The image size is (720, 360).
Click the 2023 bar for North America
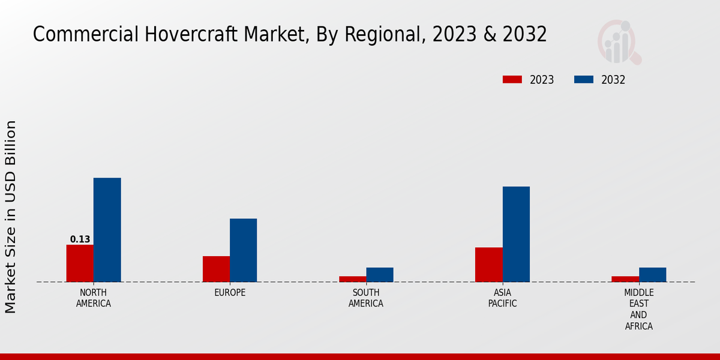(x=80, y=263)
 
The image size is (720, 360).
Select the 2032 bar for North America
(x=107, y=230)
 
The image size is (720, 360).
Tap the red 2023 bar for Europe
(x=216, y=269)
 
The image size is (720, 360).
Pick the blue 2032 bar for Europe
(x=243, y=250)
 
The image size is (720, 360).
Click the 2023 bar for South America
(x=352, y=279)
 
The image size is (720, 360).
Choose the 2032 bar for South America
(x=380, y=275)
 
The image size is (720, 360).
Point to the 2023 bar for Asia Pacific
(x=488, y=265)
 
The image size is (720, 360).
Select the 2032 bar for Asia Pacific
(x=516, y=234)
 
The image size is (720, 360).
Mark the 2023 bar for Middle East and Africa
(x=625, y=279)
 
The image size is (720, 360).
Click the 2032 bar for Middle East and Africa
(x=652, y=275)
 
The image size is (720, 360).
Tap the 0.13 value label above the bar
(x=80, y=239)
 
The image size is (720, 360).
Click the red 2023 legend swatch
(x=512, y=80)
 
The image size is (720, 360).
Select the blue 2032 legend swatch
(x=584, y=80)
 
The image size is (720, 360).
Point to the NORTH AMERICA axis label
(x=94, y=298)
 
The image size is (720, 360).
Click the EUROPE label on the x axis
(x=230, y=293)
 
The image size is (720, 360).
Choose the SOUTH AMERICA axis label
(x=366, y=298)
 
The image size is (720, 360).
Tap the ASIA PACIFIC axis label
(x=502, y=298)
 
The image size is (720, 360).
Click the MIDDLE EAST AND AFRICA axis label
(x=638, y=310)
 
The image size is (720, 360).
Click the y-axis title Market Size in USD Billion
(x=11, y=217)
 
